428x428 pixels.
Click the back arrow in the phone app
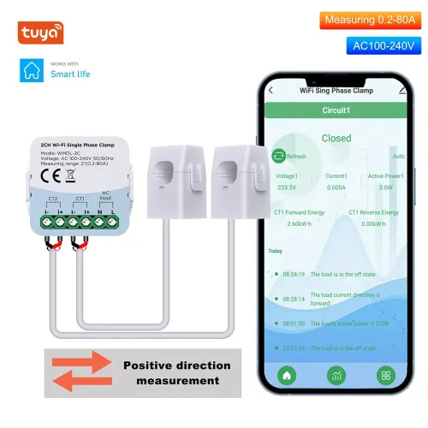[270, 89]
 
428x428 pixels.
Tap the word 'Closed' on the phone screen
[336, 138]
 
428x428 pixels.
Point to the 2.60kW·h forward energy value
[288, 223]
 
